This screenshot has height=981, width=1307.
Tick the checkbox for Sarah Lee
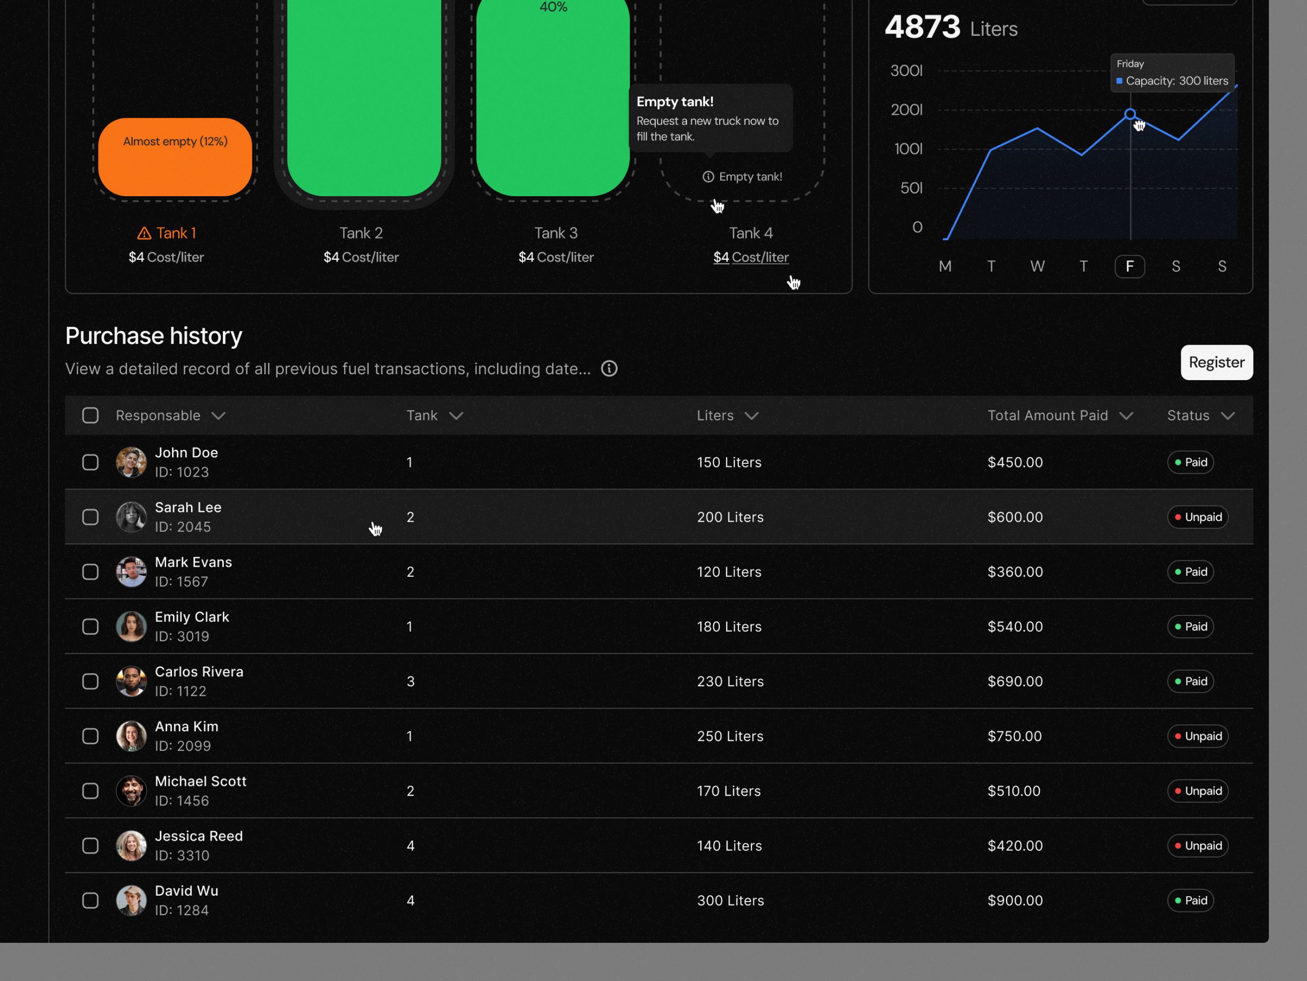[90, 517]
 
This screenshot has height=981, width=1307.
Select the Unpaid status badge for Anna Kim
[1198, 736]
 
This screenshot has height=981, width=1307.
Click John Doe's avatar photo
[131, 462]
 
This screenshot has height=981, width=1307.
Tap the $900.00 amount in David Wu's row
[1015, 901]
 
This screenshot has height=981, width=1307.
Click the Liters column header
[715, 416]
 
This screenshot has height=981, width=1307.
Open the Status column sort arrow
[1228, 416]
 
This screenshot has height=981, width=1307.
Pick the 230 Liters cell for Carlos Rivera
[730, 681]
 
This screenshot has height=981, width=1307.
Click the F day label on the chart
[1130, 266]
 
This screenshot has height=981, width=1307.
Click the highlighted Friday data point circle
[1130, 114]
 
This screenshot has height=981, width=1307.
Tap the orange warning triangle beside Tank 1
[144, 233]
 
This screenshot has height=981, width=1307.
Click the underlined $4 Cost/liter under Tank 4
[751, 257]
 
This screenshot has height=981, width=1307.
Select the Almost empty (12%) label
[176, 141]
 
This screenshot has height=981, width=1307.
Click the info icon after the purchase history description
[609, 369]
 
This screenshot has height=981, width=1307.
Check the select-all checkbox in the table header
[90, 416]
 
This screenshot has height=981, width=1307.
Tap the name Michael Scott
[200, 781]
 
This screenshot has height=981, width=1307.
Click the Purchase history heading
[154, 336]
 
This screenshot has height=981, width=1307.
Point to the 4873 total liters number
[922, 27]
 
